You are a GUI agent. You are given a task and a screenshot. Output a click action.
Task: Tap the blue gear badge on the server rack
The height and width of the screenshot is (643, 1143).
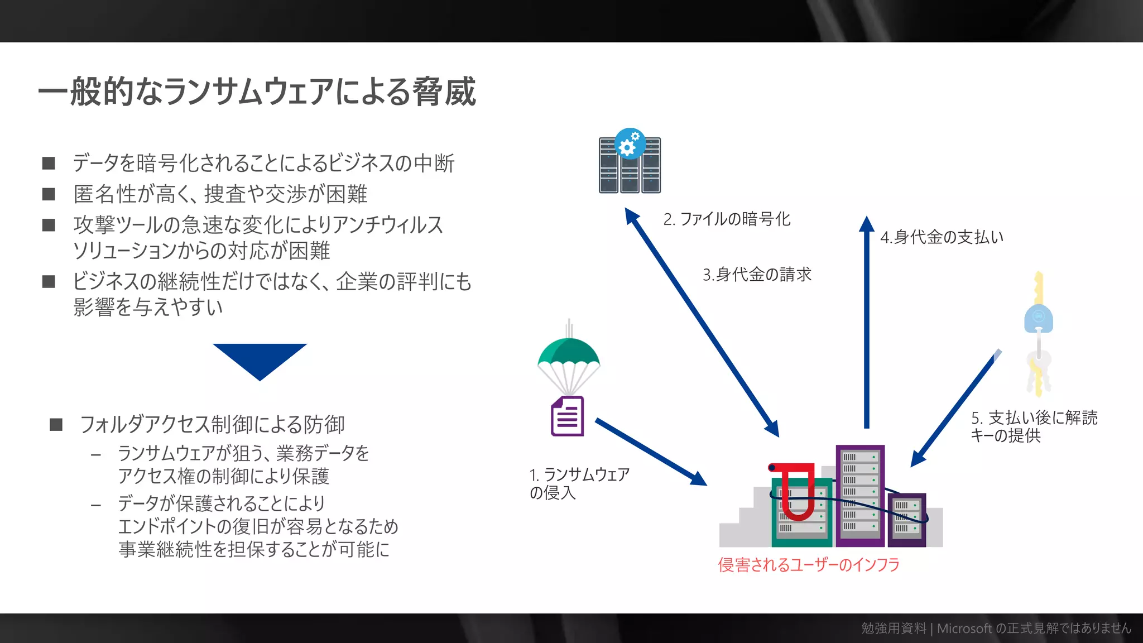[x=630, y=144]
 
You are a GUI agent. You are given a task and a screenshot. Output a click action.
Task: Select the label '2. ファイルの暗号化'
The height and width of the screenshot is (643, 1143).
[x=727, y=219]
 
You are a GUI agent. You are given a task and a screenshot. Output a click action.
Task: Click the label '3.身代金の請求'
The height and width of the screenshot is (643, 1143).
[x=757, y=275]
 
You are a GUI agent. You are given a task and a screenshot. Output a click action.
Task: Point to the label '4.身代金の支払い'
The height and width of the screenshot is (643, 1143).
[x=942, y=237]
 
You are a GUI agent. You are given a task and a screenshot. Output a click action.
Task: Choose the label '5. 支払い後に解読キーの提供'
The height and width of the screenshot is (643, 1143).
[x=1034, y=426]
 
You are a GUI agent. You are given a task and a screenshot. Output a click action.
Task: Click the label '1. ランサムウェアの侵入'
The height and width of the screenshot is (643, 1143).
[x=579, y=483]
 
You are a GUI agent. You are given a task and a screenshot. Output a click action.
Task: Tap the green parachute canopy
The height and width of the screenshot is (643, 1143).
[x=568, y=352]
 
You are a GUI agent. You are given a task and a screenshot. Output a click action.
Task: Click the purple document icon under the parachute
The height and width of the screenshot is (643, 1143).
[x=567, y=416]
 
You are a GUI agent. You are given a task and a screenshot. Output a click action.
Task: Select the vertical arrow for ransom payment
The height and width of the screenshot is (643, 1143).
[x=866, y=324]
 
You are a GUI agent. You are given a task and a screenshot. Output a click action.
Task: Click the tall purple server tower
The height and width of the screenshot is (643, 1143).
[x=860, y=494]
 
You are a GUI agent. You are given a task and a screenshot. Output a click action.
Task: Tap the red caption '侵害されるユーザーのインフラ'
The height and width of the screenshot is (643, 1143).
[x=809, y=565]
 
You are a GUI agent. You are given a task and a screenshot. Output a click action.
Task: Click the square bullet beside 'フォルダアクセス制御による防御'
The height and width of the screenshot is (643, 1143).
[x=56, y=425]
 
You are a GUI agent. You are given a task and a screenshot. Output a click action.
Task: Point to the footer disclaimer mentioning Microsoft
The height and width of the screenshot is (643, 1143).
[x=996, y=628]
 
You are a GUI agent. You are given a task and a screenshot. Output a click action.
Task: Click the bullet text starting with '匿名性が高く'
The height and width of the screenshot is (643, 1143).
[x=220, y=194]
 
